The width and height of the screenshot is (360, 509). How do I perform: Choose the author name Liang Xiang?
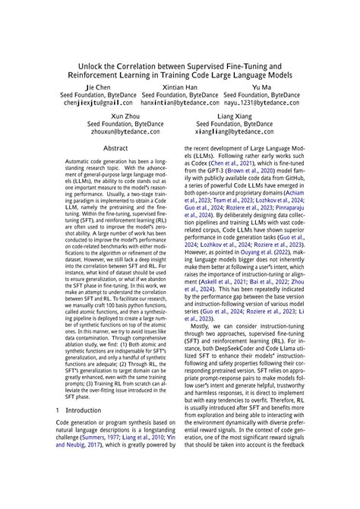click(x=235, y=115)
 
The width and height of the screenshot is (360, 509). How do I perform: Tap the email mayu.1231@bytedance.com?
click(x=262, y=102)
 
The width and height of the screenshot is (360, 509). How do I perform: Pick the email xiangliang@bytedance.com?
click(x=235, y=131)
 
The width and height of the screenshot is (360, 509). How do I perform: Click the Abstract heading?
click(x=115, y=149)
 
